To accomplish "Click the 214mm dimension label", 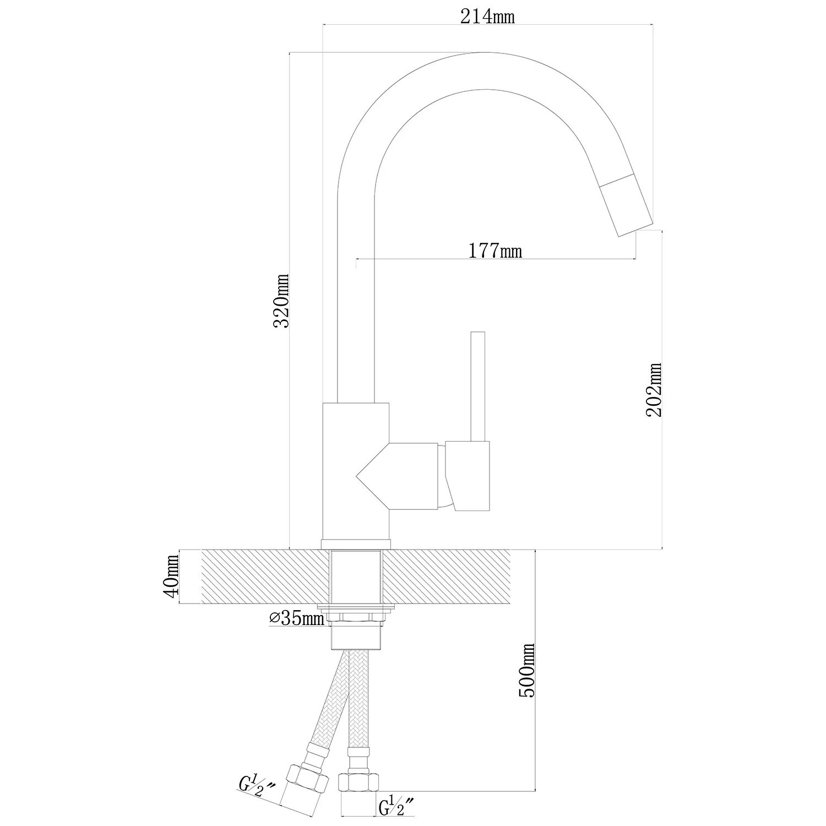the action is pos(487,17).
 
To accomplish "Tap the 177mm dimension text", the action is pos(495,251).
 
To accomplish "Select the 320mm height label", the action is pos(282,301).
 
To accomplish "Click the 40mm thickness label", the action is pos(171,577).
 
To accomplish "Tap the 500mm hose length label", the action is pos(527,670).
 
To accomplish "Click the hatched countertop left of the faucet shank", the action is pos(267,577).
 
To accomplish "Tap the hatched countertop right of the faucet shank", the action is pos(458,577).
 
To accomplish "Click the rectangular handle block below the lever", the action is pos(468,476).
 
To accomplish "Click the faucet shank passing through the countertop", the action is pos(356,577).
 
